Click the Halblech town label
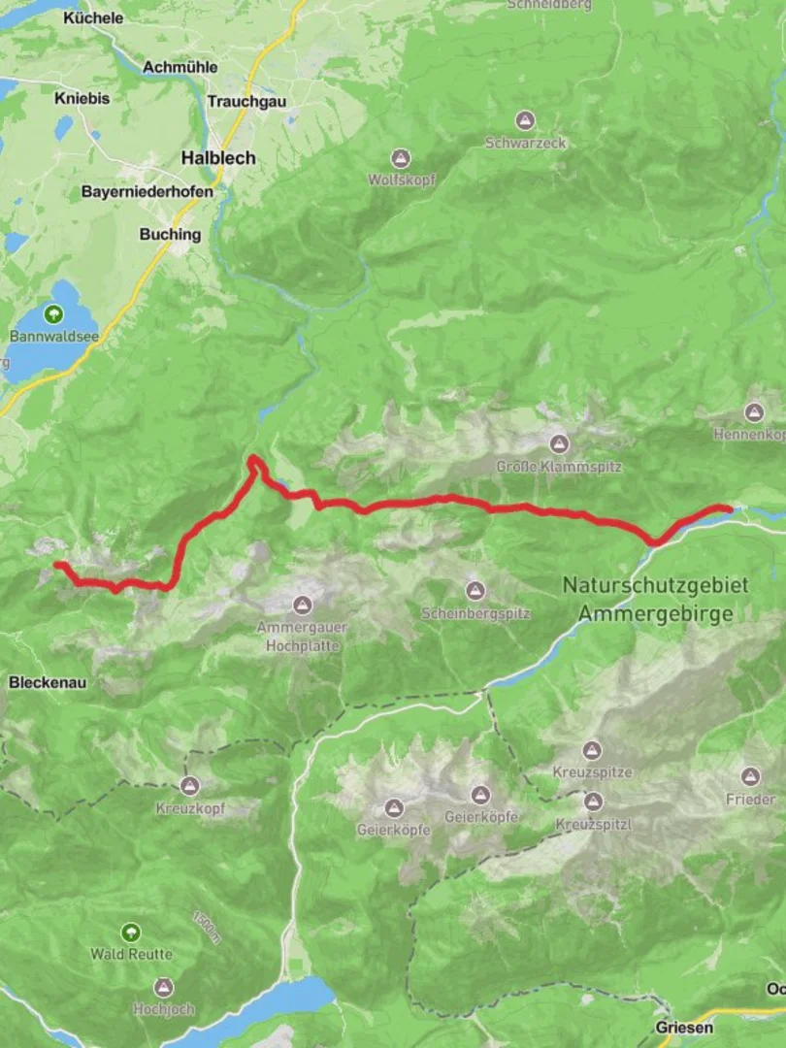pos(218,157)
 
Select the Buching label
pos(170,234)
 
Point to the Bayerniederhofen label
pos(147,192)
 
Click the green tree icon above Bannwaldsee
pos(52,314)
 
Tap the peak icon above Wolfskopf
pos(401,158)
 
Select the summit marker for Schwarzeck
pos(525,121)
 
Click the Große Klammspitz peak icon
pos(559,444)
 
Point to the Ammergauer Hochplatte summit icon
pos(303,606)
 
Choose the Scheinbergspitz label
pos(475,614)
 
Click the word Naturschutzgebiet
pos(656,585)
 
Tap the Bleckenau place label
pos(48,682)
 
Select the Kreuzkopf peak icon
pos(190,786)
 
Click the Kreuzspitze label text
pos(593,772)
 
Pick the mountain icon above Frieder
pos(750,776)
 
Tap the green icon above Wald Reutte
pos(131,933)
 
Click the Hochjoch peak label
pos(164,1009)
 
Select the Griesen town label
pos(684,1027)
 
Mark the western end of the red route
pos(57,564)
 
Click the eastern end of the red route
pos(728,508)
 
